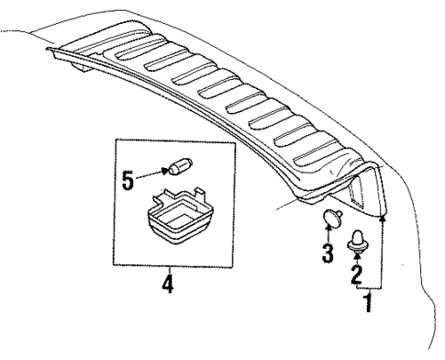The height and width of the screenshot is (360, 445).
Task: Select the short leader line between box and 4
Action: click(167, 270)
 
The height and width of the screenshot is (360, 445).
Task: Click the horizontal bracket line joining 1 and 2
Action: click(370, 288)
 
